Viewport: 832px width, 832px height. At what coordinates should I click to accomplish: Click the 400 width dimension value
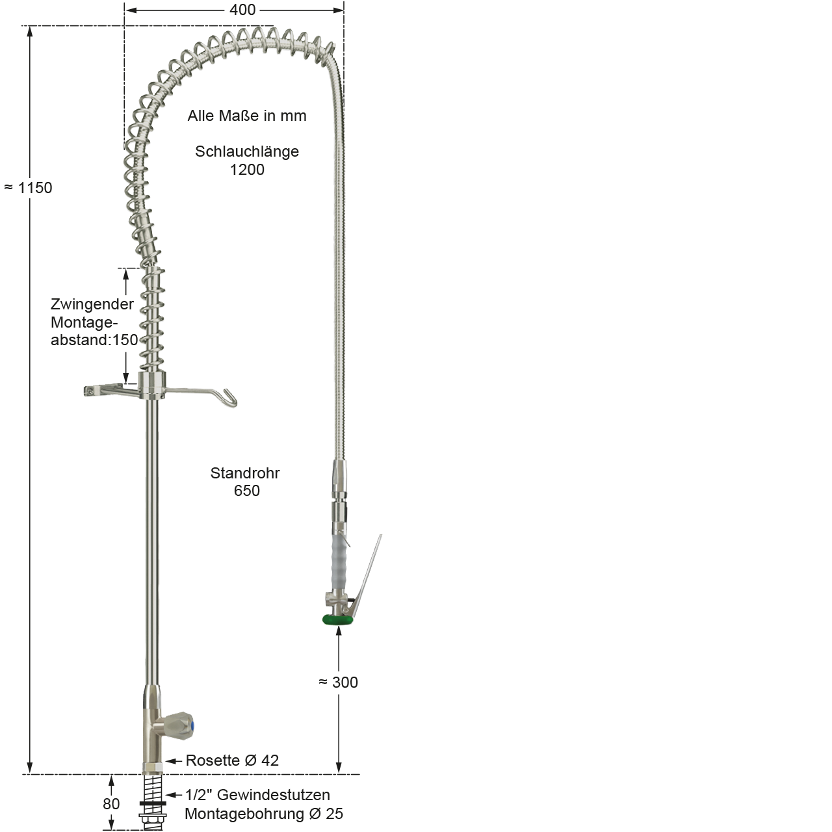click(242, 10)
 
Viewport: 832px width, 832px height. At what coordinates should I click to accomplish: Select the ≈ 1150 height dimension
click(29, 188)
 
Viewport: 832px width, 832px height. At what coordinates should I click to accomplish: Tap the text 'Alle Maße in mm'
click(247, 116)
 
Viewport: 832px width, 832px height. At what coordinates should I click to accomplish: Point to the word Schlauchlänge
click(247, 151)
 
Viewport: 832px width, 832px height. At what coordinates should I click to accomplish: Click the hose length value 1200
click(247, 170)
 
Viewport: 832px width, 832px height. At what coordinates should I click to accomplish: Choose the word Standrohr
click(245, 473)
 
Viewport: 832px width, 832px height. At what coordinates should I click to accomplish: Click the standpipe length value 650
click(247, 491)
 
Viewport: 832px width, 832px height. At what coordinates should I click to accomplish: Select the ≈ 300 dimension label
click(339, 682)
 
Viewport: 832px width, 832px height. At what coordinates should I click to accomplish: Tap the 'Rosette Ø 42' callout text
click(232, 760)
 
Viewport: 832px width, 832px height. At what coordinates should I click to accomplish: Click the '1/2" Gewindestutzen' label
click(257, 795)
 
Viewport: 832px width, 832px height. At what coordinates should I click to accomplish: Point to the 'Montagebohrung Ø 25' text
click(264, 814)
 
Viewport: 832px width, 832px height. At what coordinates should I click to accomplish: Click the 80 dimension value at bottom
click(111, 804)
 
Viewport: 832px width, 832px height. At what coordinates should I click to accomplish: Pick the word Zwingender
click(92, 304)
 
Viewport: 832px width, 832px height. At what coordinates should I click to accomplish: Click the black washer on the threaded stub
click(153, 803)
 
